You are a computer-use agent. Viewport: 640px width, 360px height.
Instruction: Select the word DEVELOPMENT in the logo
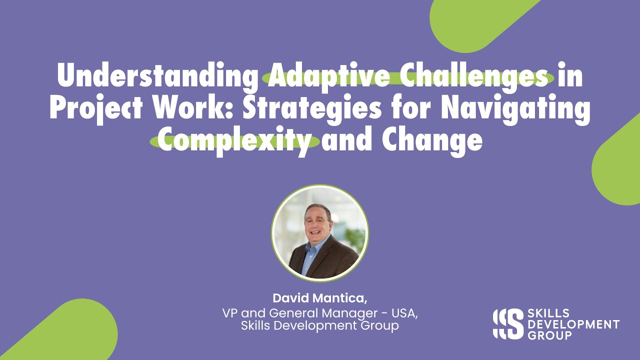coord(573,324)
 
